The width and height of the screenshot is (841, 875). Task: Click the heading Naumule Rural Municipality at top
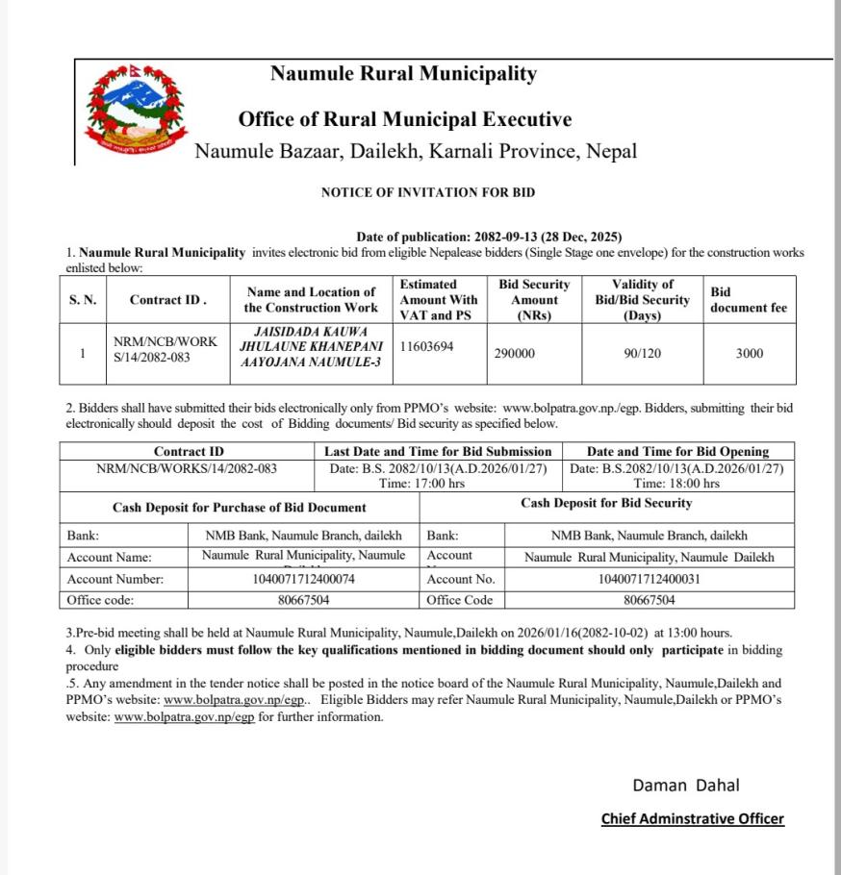pos(403,74)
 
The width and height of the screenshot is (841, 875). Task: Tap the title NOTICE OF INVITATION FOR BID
pos(428,192)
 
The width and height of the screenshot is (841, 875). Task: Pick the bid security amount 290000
pos(515,354)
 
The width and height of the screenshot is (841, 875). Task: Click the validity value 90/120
pos(643,354)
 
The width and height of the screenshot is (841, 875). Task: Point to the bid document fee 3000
pos(749,354)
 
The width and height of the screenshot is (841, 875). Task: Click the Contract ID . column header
pos(168,300)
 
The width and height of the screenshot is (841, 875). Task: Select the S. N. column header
pos(83,300)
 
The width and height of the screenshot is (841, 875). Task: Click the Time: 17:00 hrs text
pos(421,484)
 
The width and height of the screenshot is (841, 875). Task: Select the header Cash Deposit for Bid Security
pos(606,503)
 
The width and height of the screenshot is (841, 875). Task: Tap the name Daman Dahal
pos(685,786)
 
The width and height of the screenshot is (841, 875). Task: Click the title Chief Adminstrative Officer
pos(692,819)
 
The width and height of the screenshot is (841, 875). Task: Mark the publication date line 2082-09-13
pos(489,237)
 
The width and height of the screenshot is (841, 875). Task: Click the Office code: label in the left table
pos(100,600)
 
